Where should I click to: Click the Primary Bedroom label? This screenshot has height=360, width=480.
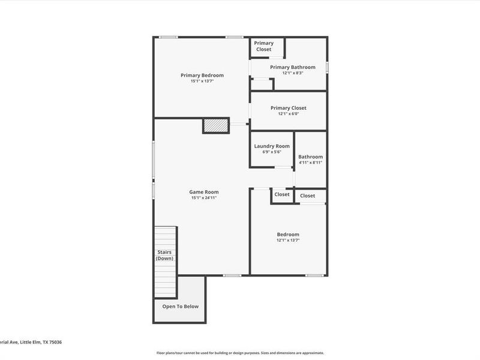(202, 75)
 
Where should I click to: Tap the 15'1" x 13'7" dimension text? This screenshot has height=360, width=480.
(202, 81)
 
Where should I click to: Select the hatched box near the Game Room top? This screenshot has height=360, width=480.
(216, 125)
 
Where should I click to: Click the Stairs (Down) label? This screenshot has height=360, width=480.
(165, 255)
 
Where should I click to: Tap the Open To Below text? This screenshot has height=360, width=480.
(180, 306)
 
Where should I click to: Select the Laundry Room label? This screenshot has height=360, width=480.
(272, 146)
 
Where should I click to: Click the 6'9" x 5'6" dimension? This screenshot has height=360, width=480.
(272, 152)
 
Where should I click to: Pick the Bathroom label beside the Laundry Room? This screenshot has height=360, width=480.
(310, 157)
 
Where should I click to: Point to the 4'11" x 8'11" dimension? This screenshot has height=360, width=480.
(310, 163)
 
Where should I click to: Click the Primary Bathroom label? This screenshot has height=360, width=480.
(292, 67)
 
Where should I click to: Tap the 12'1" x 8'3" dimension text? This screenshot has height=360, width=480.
(292, 73)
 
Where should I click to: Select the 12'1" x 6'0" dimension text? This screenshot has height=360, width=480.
(288, 114)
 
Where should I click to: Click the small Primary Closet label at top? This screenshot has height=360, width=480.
(263, 46)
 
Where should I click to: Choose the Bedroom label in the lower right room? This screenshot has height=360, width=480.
(287, 234)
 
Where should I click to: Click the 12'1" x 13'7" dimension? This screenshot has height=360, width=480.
(287, 240)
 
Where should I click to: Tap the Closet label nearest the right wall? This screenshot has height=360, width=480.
(307, 196)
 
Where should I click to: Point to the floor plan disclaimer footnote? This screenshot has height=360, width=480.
(240, 353)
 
